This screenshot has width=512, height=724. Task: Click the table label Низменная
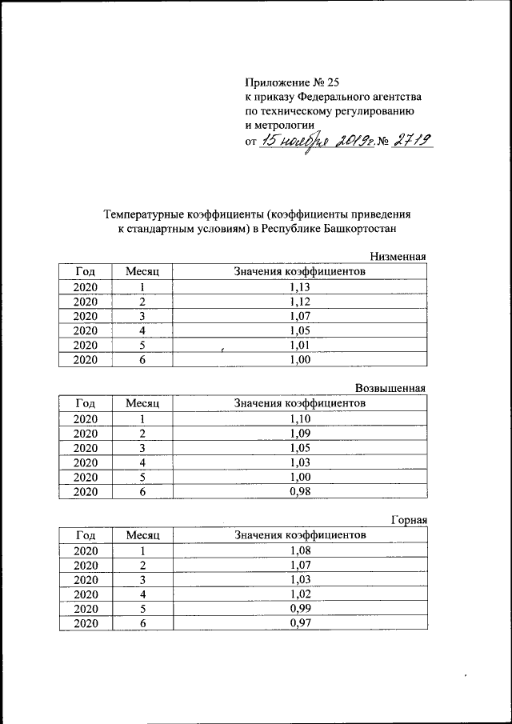click(x=397, y=257)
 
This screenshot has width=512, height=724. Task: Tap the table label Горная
click(x=408, y=520)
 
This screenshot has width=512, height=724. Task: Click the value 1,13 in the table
click(x=300, y=286)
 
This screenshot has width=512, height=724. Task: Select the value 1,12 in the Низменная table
click(x=300, y=301)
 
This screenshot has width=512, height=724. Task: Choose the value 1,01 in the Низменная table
click(x=300, y=345)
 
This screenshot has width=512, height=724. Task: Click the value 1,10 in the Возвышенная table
click(x=300, y=418)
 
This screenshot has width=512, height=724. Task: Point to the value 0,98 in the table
click(x=300, y=491)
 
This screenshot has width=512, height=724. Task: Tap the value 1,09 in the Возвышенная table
click(x=300, y=433)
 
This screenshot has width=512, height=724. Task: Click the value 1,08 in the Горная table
click(x=300, y=550)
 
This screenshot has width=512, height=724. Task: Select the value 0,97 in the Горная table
click(x=300, y=623)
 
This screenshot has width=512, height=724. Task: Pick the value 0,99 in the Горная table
click(x=300, y=608)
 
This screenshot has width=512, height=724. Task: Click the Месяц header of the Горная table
click(x=143, y=534)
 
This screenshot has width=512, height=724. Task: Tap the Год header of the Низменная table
click(x=85, y=272)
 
